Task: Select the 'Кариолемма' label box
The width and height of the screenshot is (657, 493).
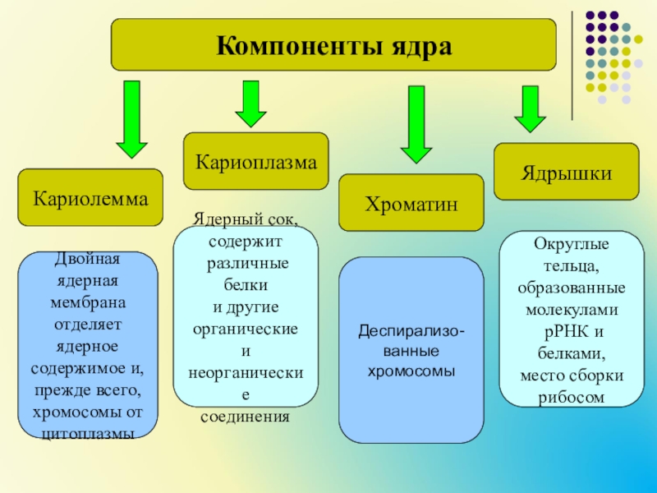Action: (90, 199)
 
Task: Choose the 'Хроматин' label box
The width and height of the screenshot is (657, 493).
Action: (411, 203)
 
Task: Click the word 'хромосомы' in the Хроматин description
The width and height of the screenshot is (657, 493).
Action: (411, 371)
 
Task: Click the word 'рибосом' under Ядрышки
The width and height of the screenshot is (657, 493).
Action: (572, 396)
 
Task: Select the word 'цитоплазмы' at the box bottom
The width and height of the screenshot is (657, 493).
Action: (87, 432)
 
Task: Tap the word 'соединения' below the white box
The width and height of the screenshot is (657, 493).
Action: (246, 416)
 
